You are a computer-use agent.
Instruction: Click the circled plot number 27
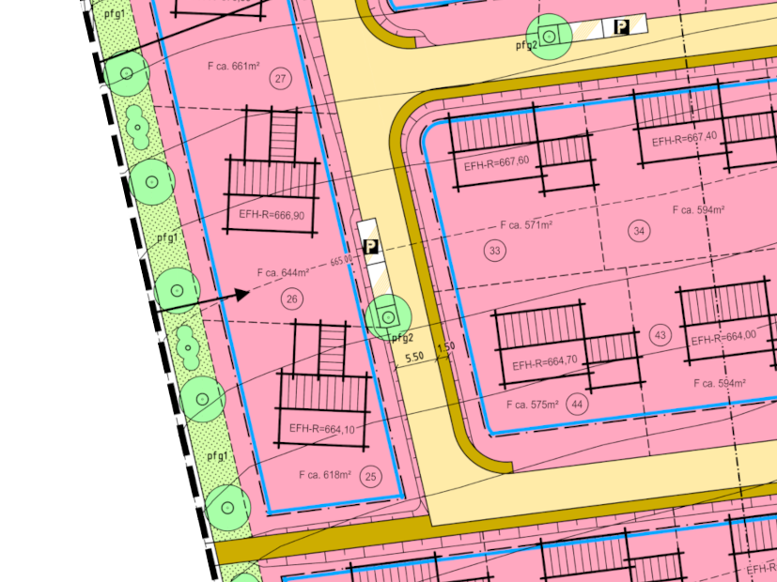280,79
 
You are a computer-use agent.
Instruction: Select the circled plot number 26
291,299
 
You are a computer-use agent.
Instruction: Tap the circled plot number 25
371,477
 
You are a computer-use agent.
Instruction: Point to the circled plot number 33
494,250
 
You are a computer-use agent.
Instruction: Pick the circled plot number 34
640,231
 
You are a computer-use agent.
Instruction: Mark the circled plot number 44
577,405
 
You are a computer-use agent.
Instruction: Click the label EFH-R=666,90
272,215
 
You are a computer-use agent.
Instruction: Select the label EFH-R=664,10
322,428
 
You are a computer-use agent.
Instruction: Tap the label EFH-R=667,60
496,162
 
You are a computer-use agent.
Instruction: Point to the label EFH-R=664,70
545,360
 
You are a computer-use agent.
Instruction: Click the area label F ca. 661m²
233,67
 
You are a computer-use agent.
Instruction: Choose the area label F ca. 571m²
526,225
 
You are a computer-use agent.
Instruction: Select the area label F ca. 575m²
532,405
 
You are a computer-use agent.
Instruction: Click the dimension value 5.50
414,357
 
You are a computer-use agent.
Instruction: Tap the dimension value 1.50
445,347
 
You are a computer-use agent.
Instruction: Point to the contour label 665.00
342,260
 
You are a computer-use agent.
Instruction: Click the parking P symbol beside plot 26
371,248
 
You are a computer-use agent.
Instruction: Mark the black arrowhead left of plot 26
241,295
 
